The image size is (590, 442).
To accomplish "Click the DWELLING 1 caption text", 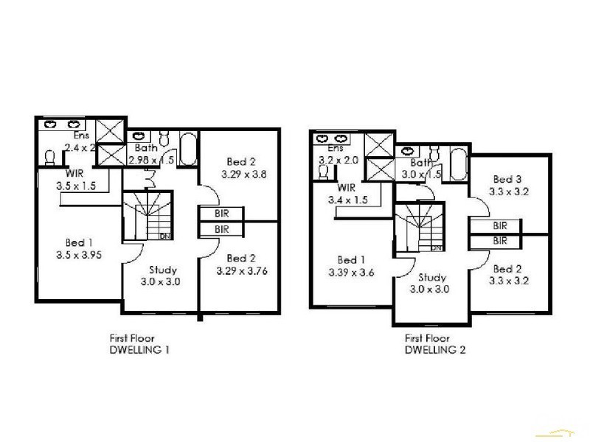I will [139, 350].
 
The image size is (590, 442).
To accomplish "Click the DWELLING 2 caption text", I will [435, 350].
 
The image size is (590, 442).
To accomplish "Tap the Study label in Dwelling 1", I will [162, 270].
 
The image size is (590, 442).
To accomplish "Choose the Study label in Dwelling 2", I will [432, 278].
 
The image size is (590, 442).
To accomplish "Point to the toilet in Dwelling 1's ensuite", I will [50, 158].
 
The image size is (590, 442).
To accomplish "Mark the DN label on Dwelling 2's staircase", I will [436, 248].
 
